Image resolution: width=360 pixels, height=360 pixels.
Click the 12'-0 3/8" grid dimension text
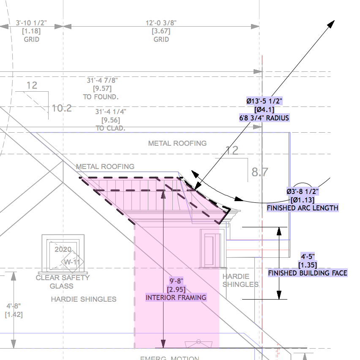[x=161, y=23]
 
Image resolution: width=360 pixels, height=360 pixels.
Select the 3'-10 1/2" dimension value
[x=31, y=23]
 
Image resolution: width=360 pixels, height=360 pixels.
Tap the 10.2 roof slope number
[x=62, y=108]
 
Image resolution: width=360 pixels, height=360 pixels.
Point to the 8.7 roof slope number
[x=260, y=172]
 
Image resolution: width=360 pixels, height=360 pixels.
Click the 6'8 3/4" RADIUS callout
[x=264, y=118]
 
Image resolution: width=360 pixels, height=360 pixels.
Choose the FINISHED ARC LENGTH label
[x=302, y=207]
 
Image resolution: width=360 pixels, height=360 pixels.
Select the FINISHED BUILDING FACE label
[x=308, y=273]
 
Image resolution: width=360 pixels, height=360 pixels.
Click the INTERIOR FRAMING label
[x=176, y=297]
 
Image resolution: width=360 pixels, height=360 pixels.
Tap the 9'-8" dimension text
[x=176, y=281]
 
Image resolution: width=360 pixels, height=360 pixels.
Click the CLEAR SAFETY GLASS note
[x=63, y=282]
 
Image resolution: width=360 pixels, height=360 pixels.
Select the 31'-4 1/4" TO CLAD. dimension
[x=111, y=120]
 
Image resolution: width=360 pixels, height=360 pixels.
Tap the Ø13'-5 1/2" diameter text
[x=264, y=101]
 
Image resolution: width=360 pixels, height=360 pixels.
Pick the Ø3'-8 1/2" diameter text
[x=302, y=192]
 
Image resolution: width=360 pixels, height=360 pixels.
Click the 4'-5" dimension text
[x=308, y=256]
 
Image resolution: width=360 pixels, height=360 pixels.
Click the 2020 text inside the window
[x=63, y=249]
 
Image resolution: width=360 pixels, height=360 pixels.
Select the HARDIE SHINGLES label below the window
[x=84, y=299]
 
